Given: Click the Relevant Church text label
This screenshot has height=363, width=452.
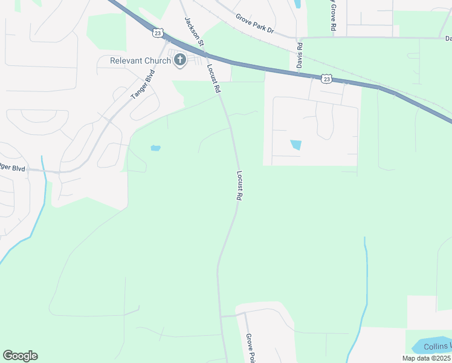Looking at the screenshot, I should (140, 60).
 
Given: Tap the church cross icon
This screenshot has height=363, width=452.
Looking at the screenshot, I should (179, 60).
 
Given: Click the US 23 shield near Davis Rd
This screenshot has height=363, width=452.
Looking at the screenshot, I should (326, 78).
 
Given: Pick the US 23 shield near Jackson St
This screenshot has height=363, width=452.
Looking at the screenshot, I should (158, 34).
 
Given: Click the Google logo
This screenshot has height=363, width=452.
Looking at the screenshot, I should (20, 356).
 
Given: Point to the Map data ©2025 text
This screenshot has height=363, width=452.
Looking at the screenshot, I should (426, 358).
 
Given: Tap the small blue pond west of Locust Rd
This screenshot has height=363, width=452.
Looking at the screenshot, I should (155, 148).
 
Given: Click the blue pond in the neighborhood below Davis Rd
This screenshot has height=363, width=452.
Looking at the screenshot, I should (296, 145).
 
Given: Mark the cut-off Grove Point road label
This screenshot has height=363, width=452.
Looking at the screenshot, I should (249, 348).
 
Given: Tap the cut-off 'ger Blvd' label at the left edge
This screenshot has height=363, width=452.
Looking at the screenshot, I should (13, 168).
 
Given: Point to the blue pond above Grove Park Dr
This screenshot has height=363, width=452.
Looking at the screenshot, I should (297, 4).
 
